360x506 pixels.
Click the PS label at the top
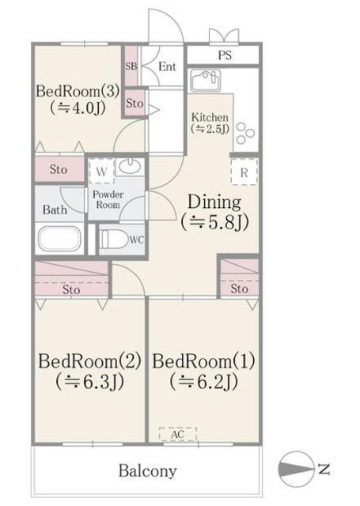[225, 55]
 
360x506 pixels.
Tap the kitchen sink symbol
[206, 80]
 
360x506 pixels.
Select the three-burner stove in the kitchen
[245, 133]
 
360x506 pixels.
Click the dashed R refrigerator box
[244, 172]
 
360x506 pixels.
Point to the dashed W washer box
[101, 171]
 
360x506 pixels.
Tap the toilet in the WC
[114, 239]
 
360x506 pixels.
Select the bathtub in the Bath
[60, 239]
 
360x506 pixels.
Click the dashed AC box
[178, 434]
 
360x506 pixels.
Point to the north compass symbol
[296, 469]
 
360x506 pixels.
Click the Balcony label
[148, 471]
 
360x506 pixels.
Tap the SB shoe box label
[131, 66]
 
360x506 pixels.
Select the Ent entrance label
[167, 66]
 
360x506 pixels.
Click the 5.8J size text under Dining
[214, 222]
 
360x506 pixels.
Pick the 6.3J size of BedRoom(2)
[89, 382]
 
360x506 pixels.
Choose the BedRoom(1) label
[203, 361]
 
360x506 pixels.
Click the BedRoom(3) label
[78, 91]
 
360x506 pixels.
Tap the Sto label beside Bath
[59, 169]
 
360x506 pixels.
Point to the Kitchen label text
[210, 117]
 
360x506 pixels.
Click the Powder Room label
[108, 199]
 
